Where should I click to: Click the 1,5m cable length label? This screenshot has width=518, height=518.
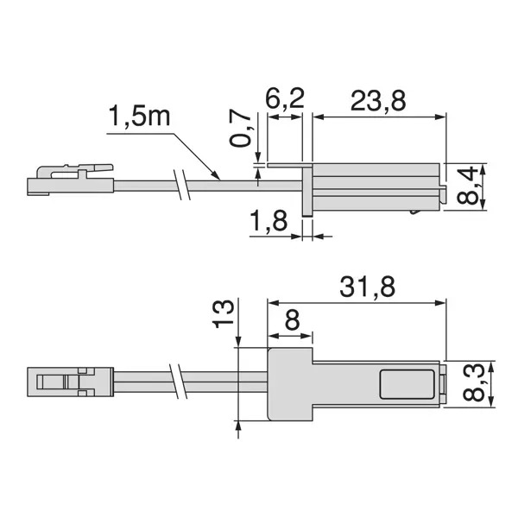(x=140, y=117)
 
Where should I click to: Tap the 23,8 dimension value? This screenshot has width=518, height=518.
(x=377, y=102)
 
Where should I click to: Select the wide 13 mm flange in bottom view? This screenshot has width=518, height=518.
(x=289, y=383)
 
